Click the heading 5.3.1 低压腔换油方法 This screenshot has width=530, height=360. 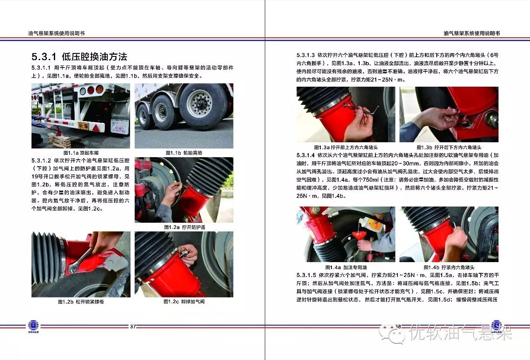[80, 57]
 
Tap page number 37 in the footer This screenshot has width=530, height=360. [133, 326]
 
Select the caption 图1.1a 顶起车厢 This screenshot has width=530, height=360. [81, 153]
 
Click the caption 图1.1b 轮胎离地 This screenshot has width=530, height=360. [184, 153]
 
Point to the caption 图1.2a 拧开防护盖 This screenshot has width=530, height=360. [184, 227]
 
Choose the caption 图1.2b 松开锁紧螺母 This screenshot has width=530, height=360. [81, 302]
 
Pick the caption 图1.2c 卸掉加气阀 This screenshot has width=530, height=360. [184, 302]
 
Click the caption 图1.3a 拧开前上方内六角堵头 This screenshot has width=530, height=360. [346, 147]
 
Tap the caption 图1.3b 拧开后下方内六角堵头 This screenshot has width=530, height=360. [449, 147]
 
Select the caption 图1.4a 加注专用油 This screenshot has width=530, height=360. [346, 268]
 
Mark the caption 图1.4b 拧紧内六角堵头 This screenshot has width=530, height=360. [449, 268]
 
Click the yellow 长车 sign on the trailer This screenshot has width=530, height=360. [84, 126]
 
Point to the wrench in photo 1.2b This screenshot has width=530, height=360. [80, 260]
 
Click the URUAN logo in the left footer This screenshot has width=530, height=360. [34, 326]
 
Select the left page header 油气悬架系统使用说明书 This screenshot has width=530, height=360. [56, 34]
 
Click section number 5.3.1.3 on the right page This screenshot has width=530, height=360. [305, 55]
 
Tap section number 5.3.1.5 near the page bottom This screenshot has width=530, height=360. [306, 275]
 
